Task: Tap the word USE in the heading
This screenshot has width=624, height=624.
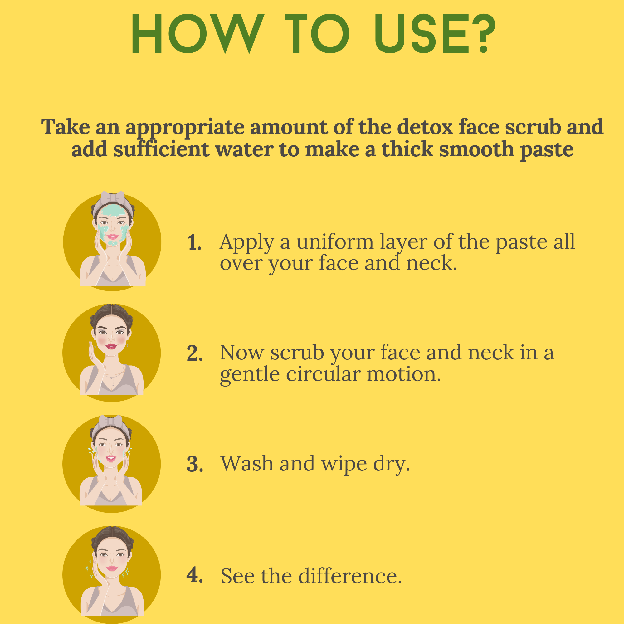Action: point(421,34)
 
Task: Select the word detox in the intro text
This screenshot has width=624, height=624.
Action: point(426,127)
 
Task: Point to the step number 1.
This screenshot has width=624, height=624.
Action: point(194,242)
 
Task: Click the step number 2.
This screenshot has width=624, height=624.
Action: point(195,353)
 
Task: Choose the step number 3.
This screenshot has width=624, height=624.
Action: point(195,465)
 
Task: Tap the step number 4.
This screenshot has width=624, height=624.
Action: point(195,575)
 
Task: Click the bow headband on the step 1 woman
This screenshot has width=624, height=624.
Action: point(112,197)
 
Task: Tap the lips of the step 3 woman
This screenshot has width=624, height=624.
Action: point(111,458)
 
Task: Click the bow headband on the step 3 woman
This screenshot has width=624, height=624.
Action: point(111,421)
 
